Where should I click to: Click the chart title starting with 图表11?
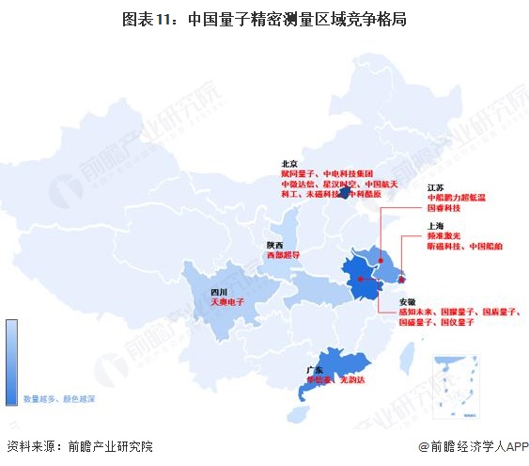click(263, 18)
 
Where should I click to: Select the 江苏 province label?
click(435, 188)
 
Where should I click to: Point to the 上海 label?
click(435, 227)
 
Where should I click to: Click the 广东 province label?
click(316, 370)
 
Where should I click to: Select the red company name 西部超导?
click(282, 254)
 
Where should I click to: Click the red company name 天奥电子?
click(226, 303)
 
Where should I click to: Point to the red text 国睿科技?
click(444, 209)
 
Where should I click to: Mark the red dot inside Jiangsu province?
click(381, 260)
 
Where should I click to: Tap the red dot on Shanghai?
click(400, 276)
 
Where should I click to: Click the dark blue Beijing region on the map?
click(345, 192)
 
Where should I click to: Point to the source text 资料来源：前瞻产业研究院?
click(79, 446)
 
